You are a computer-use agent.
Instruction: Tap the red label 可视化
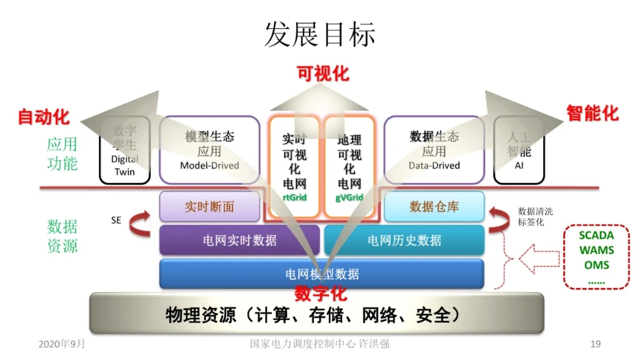pyautogui.click(x=322, y=73)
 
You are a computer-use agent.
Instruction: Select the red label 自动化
pyautogui.click(x=44, y=116)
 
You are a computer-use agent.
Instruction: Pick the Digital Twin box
pyautogui.click(x=124, y=150)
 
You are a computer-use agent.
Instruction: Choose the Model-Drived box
pyautogui.click(x=209, y=150)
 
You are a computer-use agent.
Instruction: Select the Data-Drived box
pyautogui.click(x=434, y=150)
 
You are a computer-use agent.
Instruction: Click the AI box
pyautogui.click(x=519, y=150)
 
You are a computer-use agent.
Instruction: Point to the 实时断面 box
pyautogui.click(x=209, y=207)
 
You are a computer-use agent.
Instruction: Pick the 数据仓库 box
pyautogui.click(x=434, y=207)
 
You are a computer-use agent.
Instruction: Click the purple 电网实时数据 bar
pyautogui.click(x=239, y=240)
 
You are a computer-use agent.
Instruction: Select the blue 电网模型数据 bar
pyautogui.click(x=322, y=274)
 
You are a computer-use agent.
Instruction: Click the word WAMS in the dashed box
pyautogui.click(x=596, y=250)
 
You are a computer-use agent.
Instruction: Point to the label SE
pyautogui.click(x=116, y=220)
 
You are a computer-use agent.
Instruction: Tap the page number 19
pyautogui.click(x=596, y=344)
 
